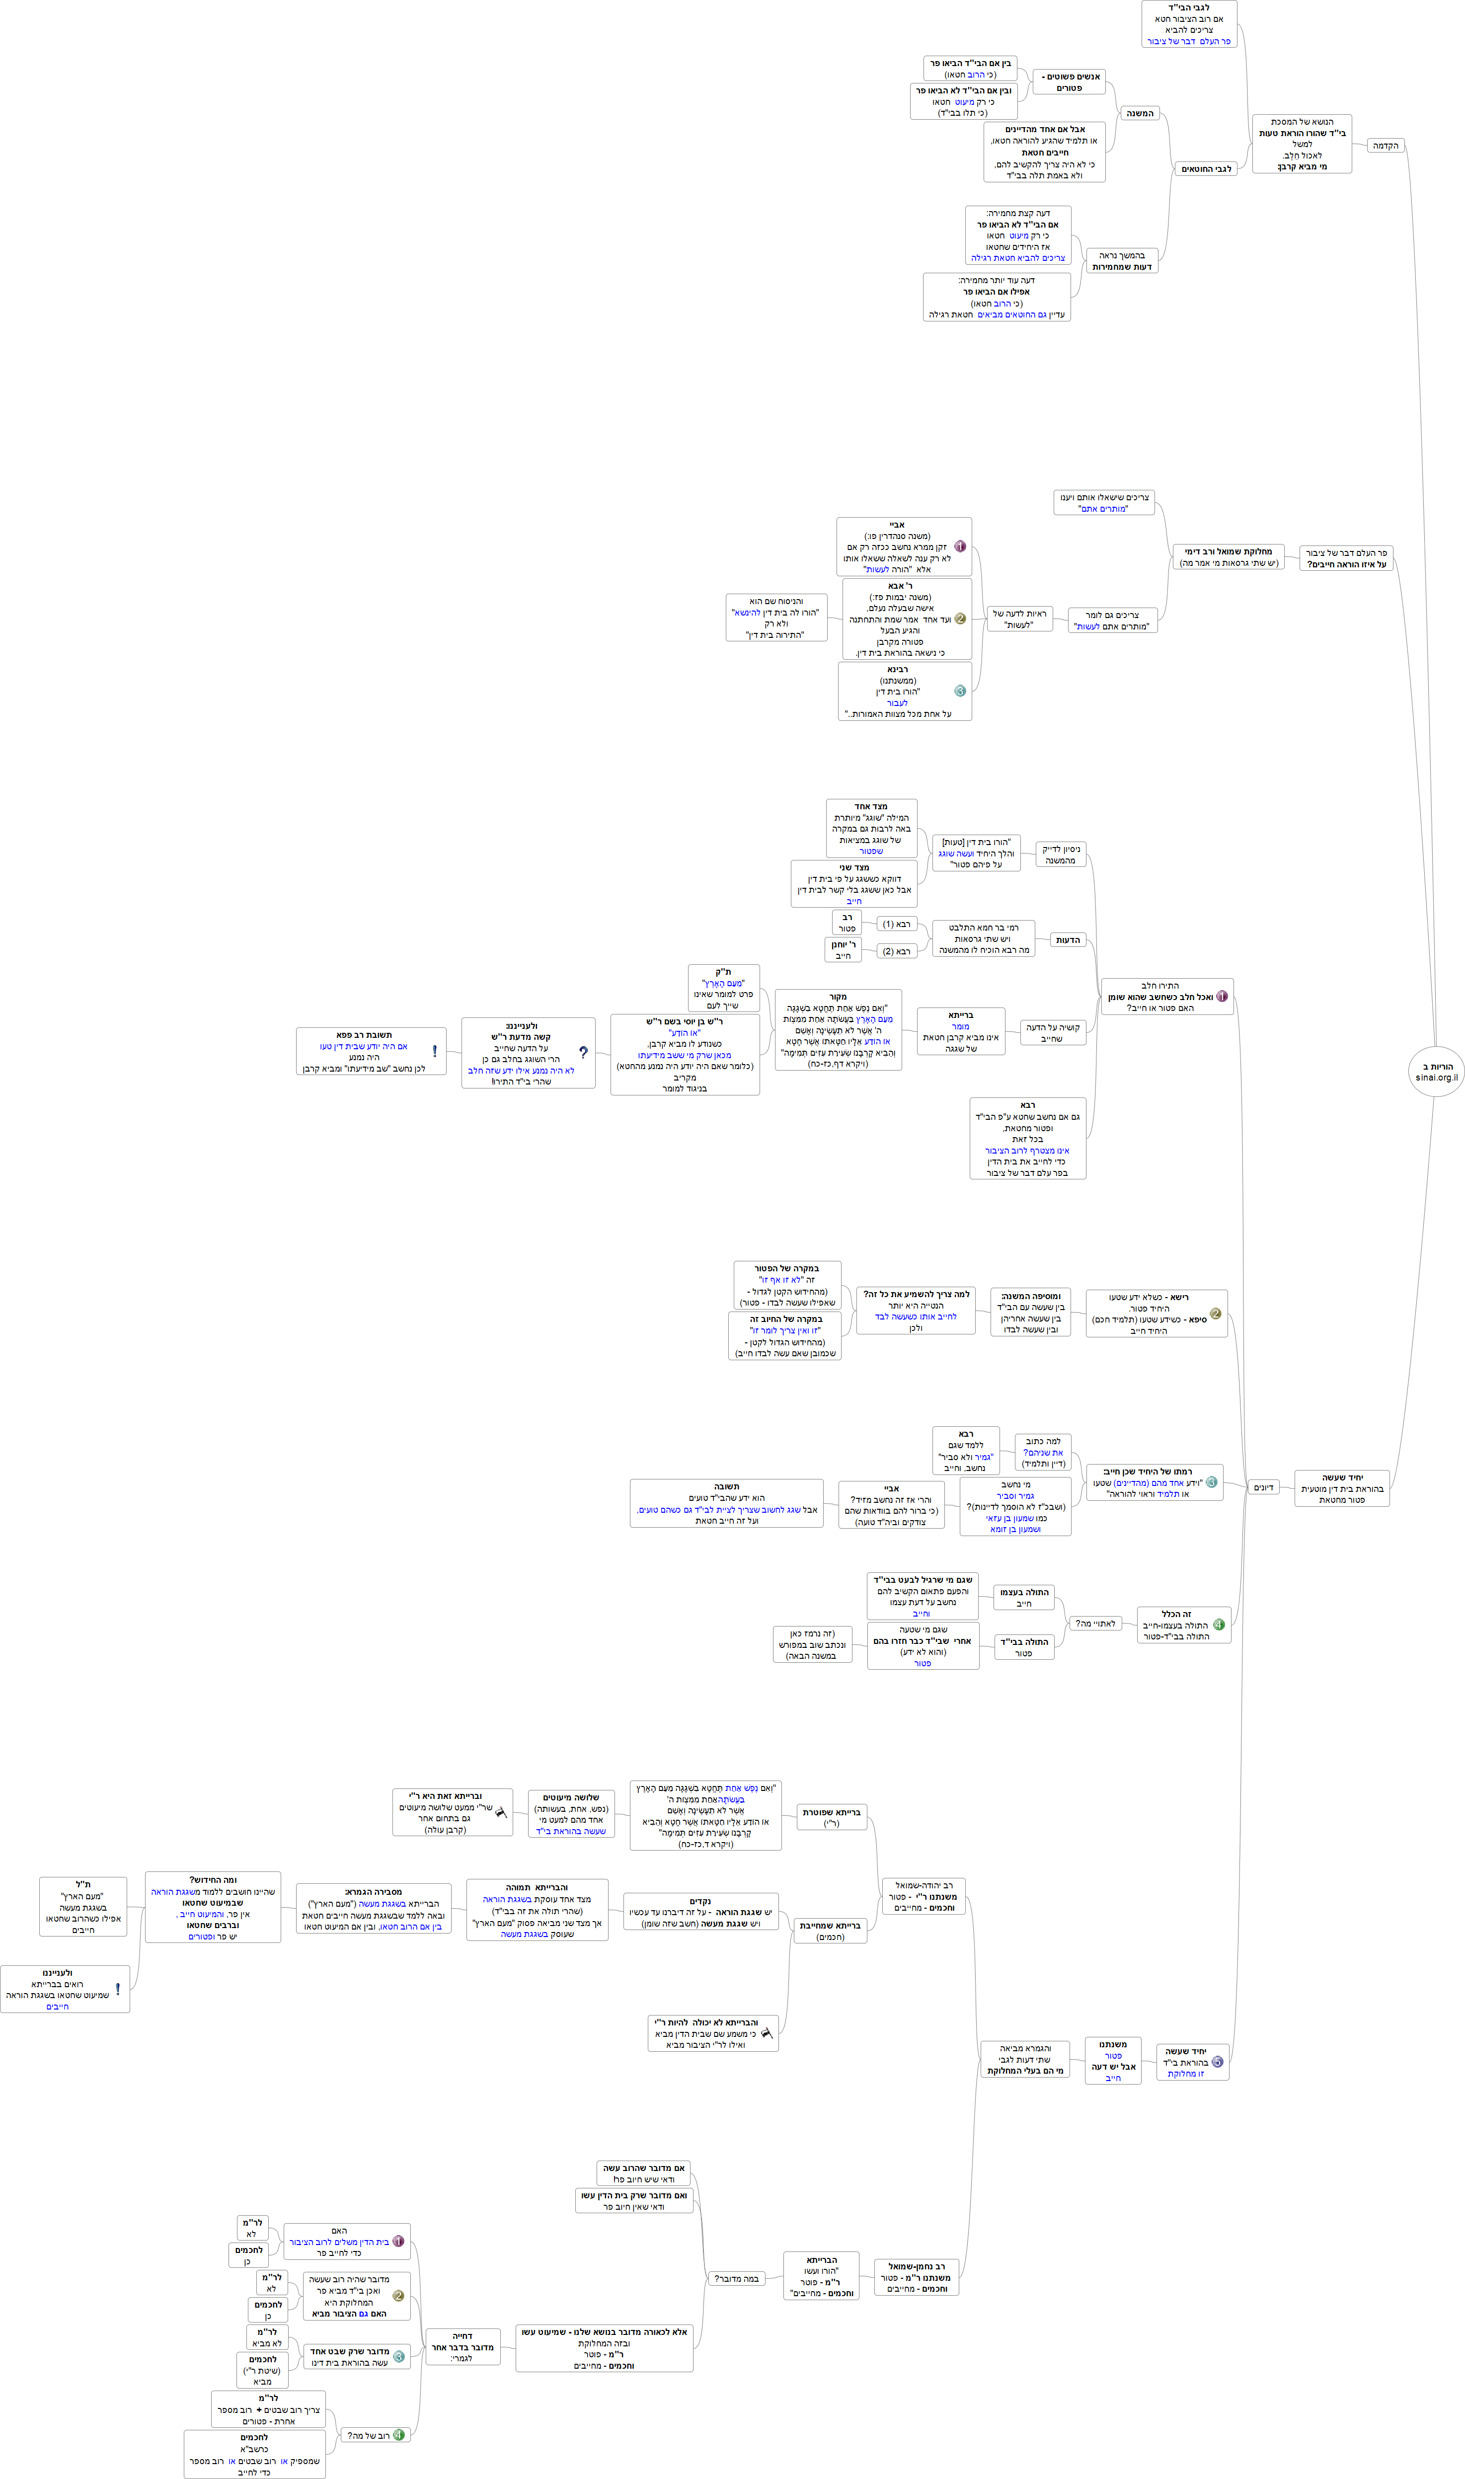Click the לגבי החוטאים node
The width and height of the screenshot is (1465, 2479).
click(1205, 169)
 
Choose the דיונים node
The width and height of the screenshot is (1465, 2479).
click(1263, 1487)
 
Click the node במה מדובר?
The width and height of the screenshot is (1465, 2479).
click(736, 2279)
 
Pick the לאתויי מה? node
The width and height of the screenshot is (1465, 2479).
click(1095, 1623)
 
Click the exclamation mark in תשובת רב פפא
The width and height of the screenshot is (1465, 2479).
click(434, 1051)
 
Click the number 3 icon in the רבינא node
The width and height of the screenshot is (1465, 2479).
click(960, 691)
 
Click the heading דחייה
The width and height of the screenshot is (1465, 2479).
click(462, 2336)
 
